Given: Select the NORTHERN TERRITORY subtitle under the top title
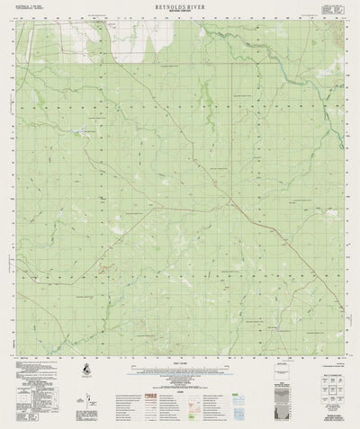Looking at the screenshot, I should coord(179,13).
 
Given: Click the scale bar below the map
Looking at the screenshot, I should coord(180,366).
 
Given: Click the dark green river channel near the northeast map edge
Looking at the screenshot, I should coord(315,85).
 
